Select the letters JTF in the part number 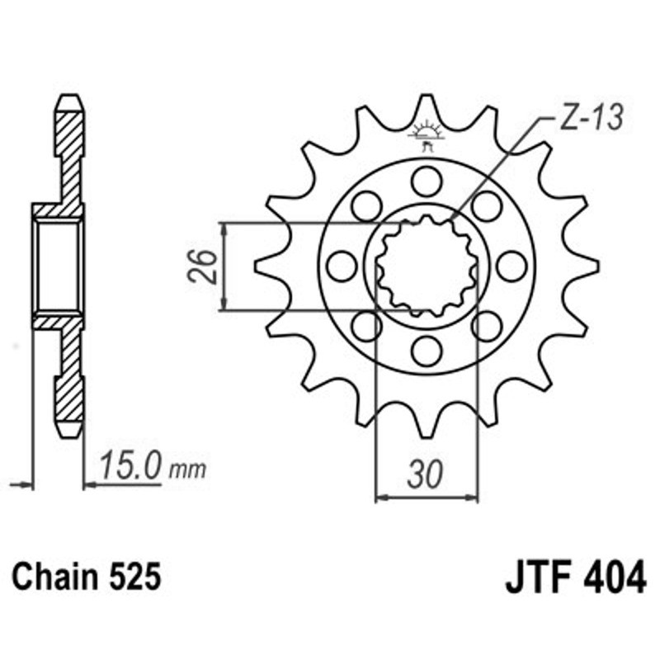[537, 577]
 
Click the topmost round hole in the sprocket [427, 181]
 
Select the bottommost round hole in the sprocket [427, 351]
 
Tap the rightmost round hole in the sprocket [511, 266]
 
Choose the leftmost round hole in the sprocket [342, 266]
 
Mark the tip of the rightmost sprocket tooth [596, 266]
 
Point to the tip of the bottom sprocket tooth [427, 434]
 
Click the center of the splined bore [427, 266]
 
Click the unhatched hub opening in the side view [58, 266]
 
